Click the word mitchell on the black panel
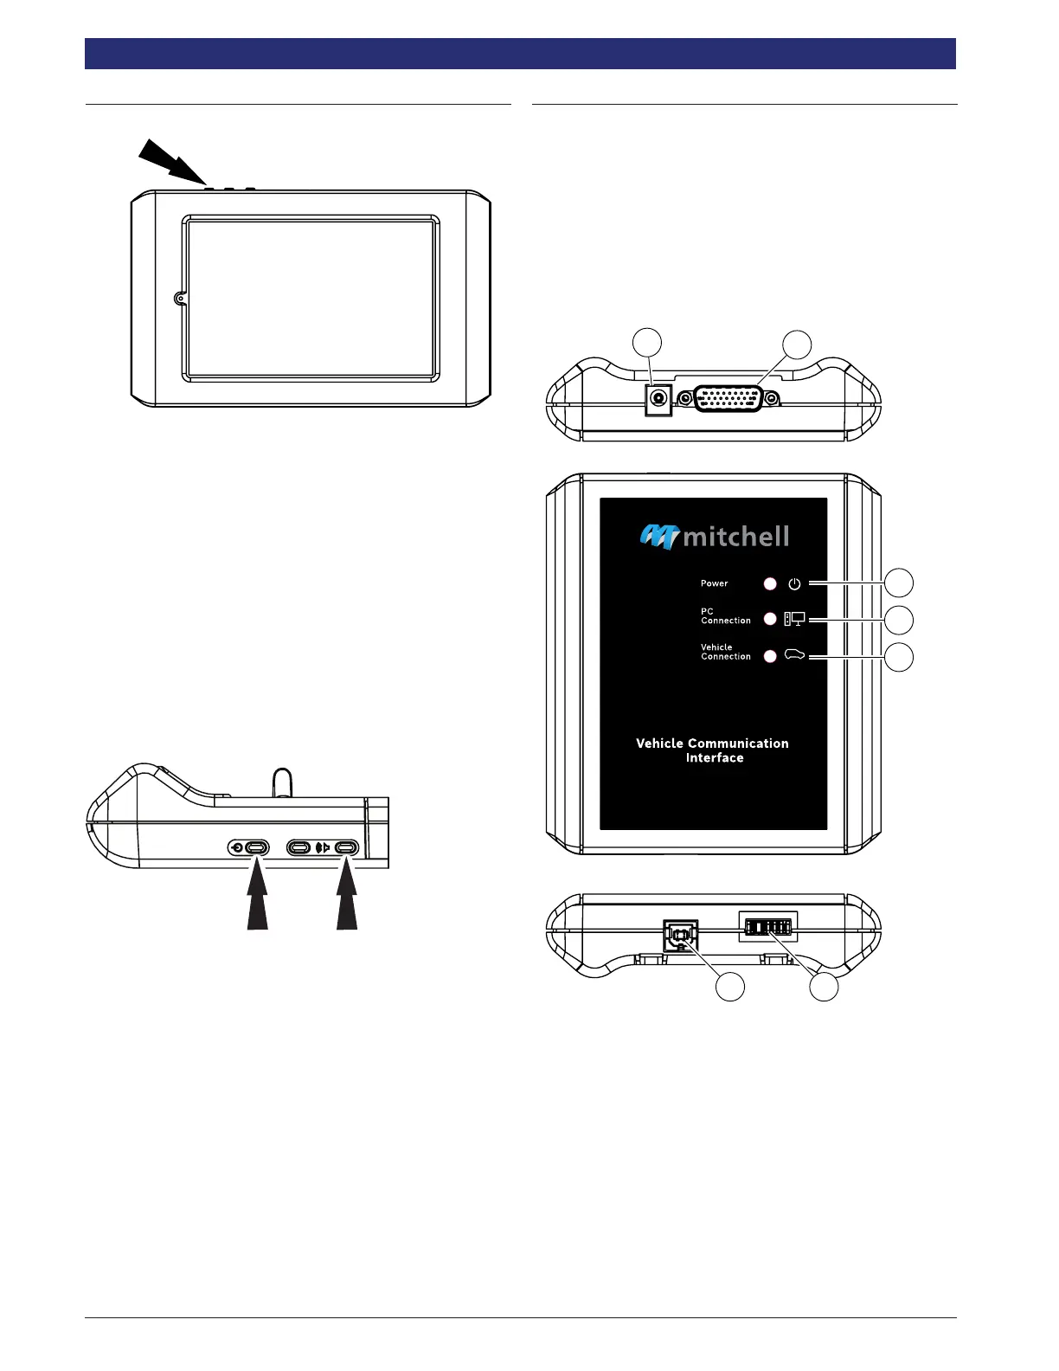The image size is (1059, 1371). click(736, 537)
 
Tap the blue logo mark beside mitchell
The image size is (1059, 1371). click(659, 537)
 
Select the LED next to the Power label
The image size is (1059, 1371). click(770, 583)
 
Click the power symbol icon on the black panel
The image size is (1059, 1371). click(794, 583)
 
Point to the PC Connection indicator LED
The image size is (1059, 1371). click(770, 619)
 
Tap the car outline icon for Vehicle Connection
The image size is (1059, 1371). click(794, 655)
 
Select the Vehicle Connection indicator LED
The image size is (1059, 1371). click(770, 656)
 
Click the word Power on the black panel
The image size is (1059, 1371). click(714, 583)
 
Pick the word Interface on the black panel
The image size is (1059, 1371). click(715, 757)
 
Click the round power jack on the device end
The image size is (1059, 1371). click(659, 398)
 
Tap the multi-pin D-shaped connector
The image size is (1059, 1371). click(728, 398)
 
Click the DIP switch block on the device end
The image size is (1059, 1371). click(768, 927)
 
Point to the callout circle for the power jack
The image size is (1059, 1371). click(648, 342)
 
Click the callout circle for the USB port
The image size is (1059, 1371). click(731, 987)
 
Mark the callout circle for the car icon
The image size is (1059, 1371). click(900, 656)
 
